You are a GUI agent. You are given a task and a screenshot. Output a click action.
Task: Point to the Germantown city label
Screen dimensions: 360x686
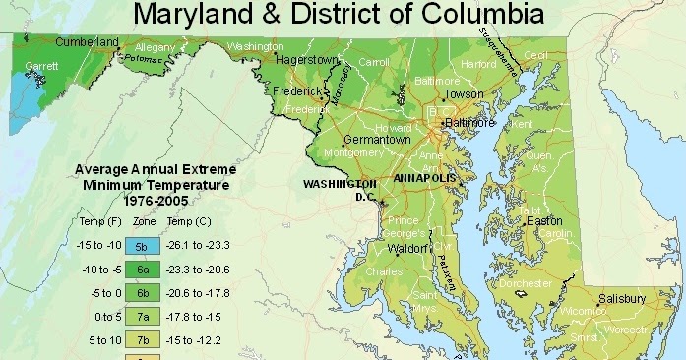pos(377,141)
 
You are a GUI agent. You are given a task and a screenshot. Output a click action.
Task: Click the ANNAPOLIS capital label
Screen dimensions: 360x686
pos(425,179)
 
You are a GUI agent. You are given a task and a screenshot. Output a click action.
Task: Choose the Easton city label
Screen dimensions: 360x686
pos(544,221)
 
